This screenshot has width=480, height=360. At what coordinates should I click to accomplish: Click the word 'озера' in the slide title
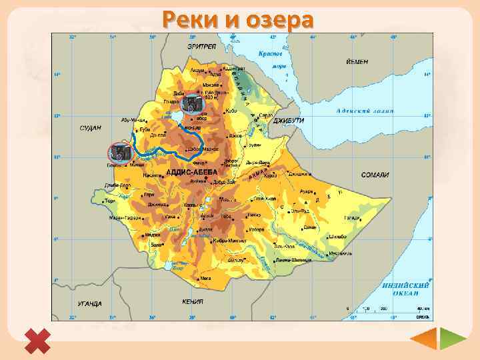click(280, 20)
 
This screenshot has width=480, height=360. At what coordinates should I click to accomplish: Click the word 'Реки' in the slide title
click(193, 20)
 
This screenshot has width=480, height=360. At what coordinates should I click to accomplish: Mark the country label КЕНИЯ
click(193, 301)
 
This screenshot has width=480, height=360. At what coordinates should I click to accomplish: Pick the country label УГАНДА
click(89, 304)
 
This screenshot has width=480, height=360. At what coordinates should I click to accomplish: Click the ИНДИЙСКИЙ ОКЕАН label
click(405, 289)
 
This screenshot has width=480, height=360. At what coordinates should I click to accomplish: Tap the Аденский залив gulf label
click(365, 111)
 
